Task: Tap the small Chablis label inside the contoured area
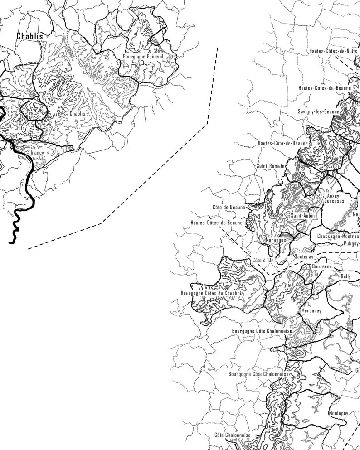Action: pos(78,114)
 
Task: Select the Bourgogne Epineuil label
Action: pos(143,57)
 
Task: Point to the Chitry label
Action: pos(21,128)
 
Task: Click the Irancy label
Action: pos(37,153)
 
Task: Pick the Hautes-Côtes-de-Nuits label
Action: pos(333,51)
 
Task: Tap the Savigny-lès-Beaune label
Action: pos(319,111)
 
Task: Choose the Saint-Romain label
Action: pos(270,166)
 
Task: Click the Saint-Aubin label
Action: pos(303,216)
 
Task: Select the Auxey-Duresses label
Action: pos(335,198)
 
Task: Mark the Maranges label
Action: pos(277,240)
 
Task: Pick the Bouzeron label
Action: pos(322,267)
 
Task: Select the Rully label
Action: pos(346,276)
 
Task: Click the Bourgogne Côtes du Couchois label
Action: pos(212,293)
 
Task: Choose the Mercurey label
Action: pos(311,311)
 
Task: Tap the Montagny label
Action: pos(338,413)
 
